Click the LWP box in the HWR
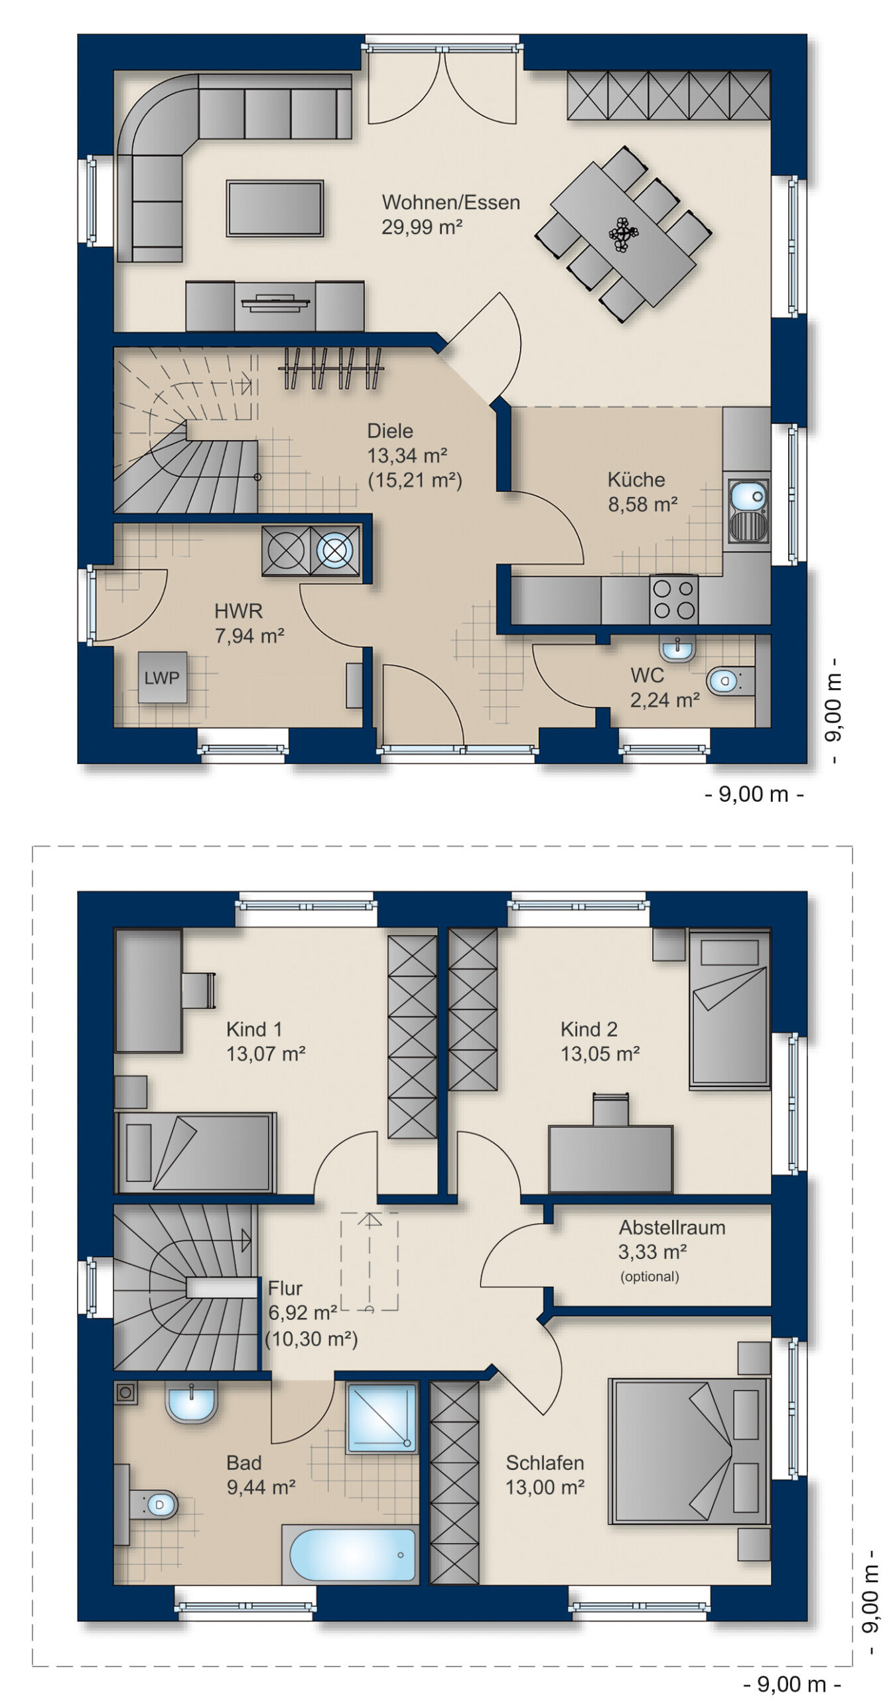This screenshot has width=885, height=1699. (x=163, y=677)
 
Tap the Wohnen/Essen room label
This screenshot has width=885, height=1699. (x=450, y=202)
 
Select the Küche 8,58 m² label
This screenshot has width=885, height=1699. (x=642, y=492)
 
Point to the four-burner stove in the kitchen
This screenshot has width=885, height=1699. (x=673, y=599)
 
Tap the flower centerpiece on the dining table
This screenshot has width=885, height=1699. (x=623, y=234)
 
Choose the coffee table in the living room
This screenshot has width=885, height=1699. (x=275, y=208)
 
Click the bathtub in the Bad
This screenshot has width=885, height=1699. (x=351, y=1555)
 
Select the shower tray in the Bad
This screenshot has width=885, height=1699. (x=381, y=1418)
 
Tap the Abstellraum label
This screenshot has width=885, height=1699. (x=671, y=1228)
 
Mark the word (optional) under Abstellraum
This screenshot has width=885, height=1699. (x=649, y=1277)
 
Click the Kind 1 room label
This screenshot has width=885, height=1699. (x=254, y=1029)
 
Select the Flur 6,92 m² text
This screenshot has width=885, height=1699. (x=302, y=1300)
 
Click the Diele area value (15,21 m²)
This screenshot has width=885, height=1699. (x=415, y=480)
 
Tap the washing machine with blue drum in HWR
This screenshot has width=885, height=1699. (x=335, y=550)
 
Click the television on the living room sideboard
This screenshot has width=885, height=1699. (x=275, y=304)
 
